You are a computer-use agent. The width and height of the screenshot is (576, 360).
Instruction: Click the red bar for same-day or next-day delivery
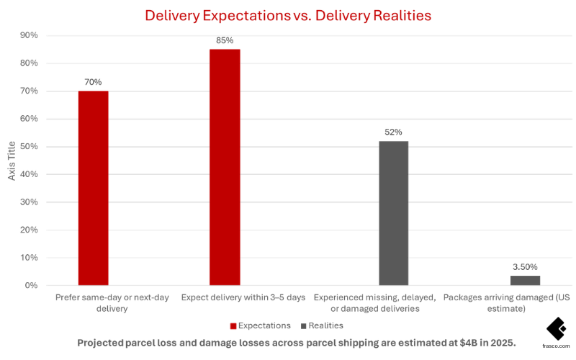coord(93,188)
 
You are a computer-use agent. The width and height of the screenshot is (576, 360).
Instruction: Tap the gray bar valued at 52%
coord(393,213)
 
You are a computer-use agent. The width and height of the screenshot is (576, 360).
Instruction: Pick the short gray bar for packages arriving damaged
coord(525,280)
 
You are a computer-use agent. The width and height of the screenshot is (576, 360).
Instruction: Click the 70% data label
coord(93,82)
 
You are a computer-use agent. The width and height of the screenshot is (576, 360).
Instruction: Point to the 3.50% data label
coord(525,267)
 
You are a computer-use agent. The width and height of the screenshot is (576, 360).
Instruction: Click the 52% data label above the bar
coord(393,132)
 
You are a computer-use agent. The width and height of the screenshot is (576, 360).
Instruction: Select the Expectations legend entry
coord(260,325)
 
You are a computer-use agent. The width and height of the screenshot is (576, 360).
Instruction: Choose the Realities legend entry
coord(320,325)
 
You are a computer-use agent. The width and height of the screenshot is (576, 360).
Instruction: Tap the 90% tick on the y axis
coord(29,35)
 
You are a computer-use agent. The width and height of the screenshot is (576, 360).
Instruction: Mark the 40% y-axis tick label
coord(29,174)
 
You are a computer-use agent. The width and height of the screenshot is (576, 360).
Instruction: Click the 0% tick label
coord(31,285)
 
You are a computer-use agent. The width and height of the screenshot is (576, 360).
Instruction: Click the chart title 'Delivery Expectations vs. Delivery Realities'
coord(288,14)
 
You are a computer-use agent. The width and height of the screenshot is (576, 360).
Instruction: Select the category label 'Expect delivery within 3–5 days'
coord(243,297)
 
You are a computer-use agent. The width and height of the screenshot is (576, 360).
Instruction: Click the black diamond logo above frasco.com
coord(556,328)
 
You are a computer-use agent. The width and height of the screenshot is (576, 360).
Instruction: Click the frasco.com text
coord(556,345)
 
